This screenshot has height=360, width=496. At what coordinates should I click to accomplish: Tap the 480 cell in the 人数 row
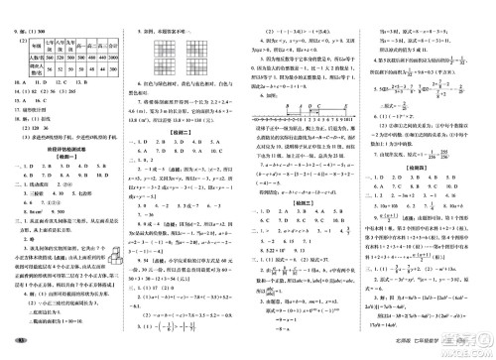[92, 59]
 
